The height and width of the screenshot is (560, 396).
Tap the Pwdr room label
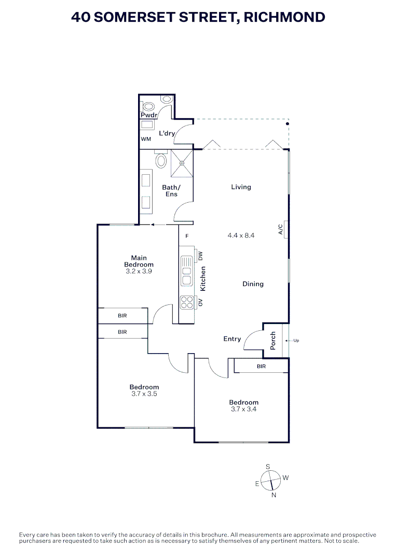pos(149,115)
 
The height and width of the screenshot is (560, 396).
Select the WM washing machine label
pos(146,139)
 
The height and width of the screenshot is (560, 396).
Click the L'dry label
pos(167,133)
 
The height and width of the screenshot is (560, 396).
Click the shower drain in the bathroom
pos(182,163)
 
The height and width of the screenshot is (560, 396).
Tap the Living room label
pos(241,187)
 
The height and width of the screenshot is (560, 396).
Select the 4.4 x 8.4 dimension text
pos(241,235)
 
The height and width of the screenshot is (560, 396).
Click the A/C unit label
pos(280,229)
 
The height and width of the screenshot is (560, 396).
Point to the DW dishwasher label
pos(200,256)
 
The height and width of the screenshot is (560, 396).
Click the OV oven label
pos(200,302)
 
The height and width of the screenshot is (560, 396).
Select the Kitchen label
pos(203,278)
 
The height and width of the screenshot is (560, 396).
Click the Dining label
pos(253,284)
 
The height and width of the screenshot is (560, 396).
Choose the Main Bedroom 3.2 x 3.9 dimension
pos(139,271)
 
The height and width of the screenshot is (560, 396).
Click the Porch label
pos(273,340)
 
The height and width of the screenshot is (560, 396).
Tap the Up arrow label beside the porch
pos(296,341)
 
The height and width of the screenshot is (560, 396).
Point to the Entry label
pos(232,339)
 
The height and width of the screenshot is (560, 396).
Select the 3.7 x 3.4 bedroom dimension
pos(244,409)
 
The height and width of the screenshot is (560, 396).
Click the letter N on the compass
pos(274,495)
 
